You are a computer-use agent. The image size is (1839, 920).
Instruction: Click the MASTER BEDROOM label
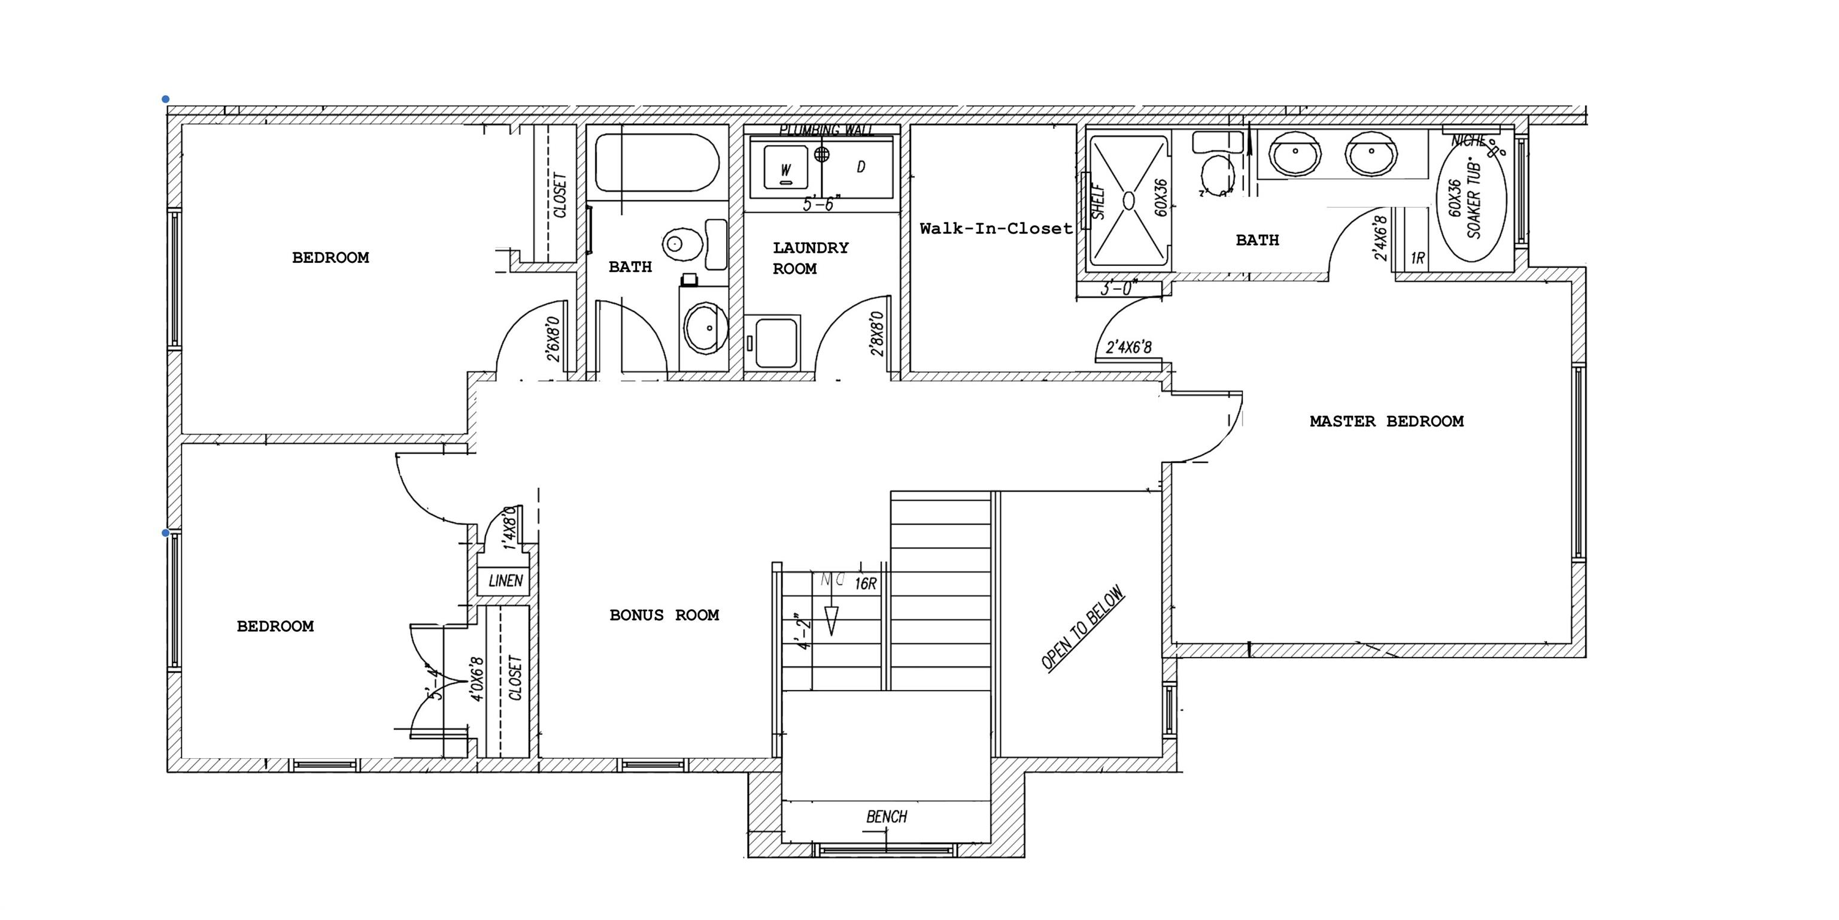[x=1386, y=422]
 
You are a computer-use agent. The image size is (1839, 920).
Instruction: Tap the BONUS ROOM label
[x=664, y=615]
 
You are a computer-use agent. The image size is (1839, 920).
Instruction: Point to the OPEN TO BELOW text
[x=1082, y=628]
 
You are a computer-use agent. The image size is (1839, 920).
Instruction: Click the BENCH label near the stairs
[x=886, y=816]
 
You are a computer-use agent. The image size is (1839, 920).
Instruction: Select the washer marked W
[x=785, y=170]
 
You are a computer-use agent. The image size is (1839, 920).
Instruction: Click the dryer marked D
[x=860, y=167]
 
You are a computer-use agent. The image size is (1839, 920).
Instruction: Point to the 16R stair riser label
[x=864, y=583]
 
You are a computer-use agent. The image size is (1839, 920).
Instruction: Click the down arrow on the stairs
[x=830, y=620]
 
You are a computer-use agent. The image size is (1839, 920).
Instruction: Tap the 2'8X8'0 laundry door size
[x=878, y=334]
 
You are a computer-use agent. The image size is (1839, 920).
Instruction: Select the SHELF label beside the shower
[x=1098, y=202]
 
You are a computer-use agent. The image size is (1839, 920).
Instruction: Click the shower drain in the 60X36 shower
[x=1128, y=201]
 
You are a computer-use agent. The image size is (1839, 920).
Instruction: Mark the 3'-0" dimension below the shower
[x=1119, y=289]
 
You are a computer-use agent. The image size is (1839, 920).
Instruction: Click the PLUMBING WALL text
[x=826, y=130]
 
